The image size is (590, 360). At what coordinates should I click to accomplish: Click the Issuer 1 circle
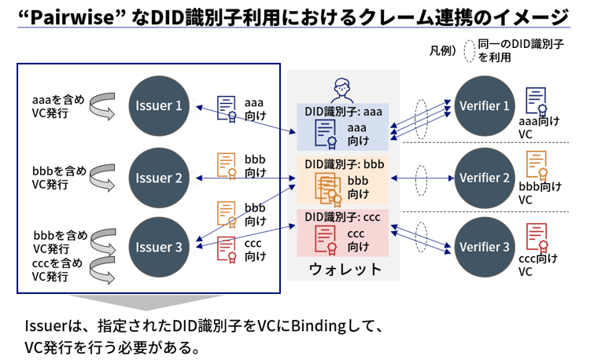[159, 105]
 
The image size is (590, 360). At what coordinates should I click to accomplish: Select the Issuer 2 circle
[159, 178]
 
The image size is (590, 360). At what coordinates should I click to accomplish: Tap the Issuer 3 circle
[159, 247]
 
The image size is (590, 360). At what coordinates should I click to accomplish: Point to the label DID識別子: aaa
[343, 112]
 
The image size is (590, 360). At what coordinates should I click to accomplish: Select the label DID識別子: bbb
[343, 163]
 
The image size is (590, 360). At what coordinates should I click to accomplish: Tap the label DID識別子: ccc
[343, 216]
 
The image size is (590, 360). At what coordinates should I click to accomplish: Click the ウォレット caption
[345, 269]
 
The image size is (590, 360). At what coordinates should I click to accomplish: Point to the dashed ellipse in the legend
[470, 50]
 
